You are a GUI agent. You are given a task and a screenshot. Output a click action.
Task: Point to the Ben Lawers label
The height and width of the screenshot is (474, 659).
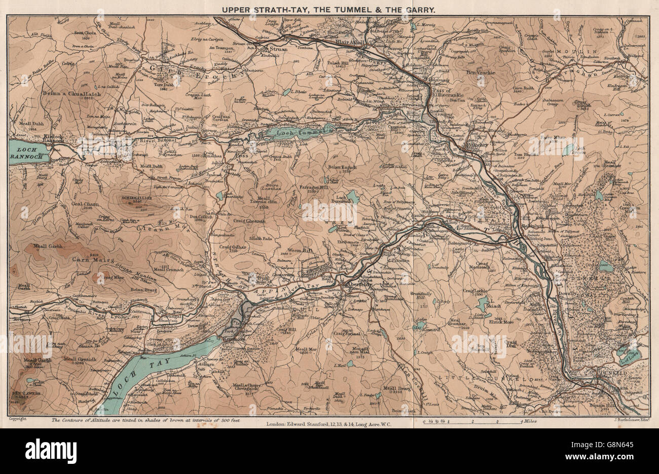(23, 393)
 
